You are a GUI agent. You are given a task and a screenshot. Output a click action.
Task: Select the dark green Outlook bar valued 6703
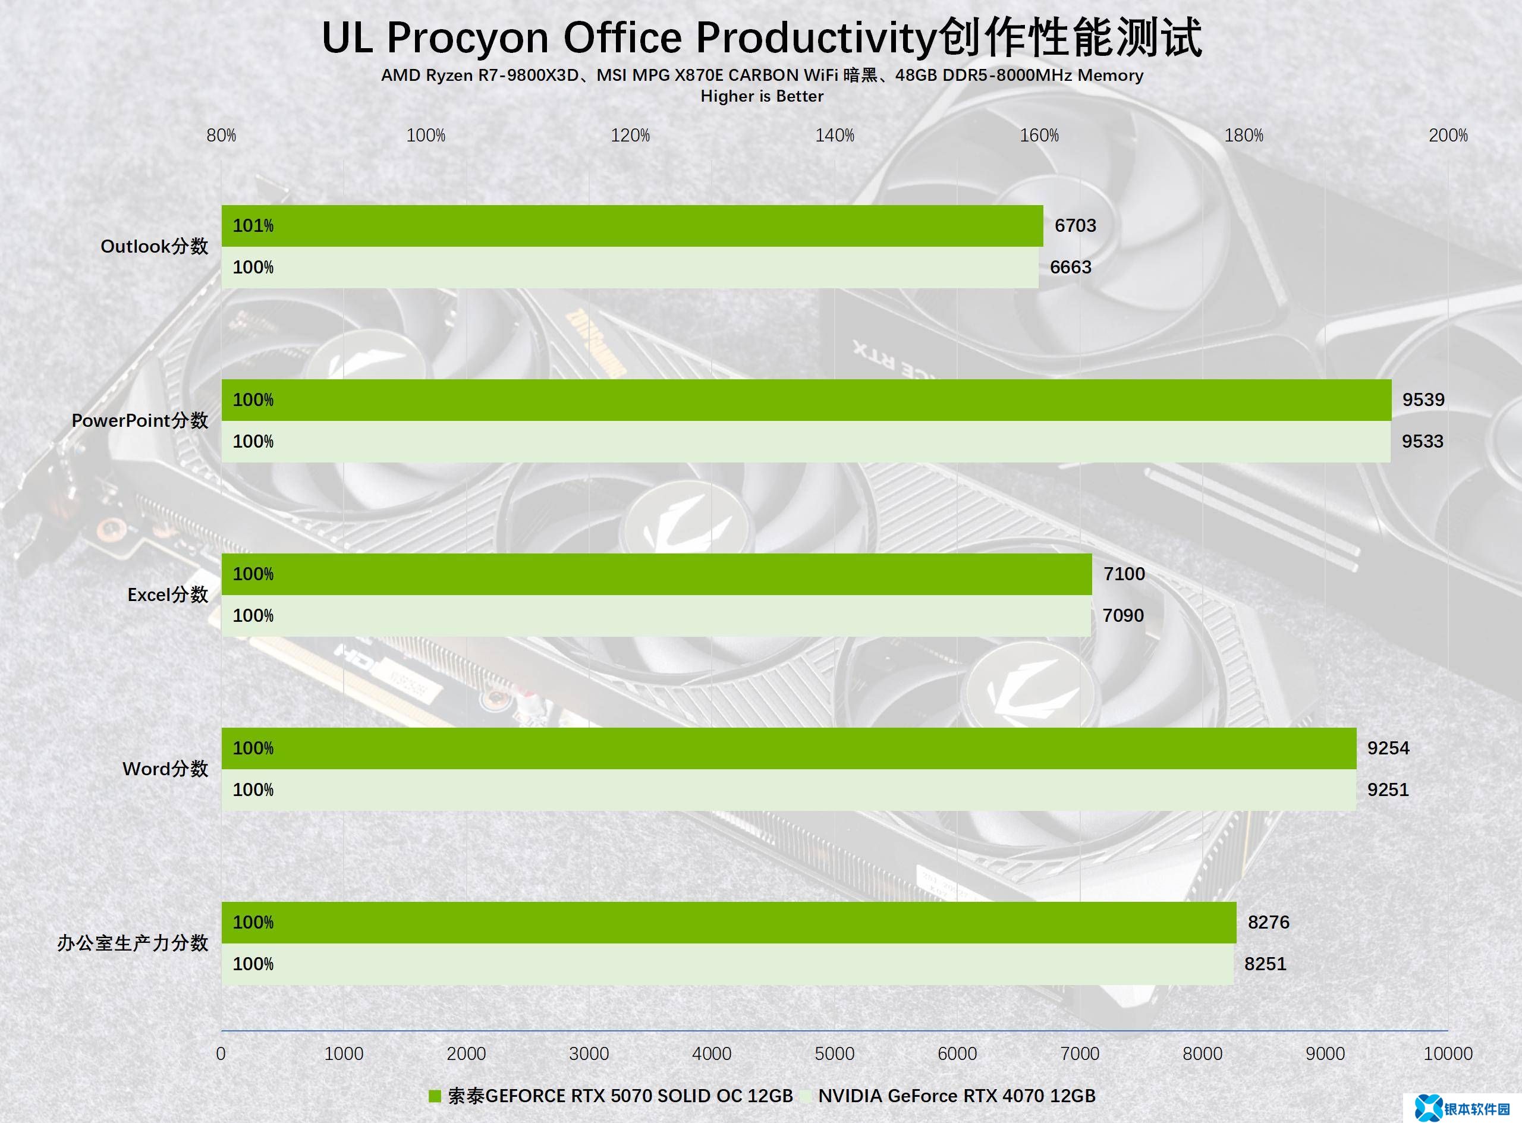[x=632, y=226]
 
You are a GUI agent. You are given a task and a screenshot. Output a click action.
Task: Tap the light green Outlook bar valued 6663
[x=630, y=267]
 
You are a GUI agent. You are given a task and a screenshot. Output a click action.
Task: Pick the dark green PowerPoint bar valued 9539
[x=806, y=400]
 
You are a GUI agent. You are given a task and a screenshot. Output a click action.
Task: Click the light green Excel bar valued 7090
[x=656, y=616]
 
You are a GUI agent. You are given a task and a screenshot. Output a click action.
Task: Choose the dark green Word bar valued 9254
[x=788, y=748]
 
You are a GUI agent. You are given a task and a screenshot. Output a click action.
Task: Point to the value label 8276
[x=1269, y=923]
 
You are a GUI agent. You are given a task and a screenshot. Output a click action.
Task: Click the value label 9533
[x=1422, y=442]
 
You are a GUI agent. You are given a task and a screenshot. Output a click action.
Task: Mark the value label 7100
[x=1124, y=574]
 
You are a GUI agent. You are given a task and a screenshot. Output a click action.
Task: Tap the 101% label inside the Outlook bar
[x=253, y=226]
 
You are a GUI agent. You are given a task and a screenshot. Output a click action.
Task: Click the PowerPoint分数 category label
[x=140, y=421]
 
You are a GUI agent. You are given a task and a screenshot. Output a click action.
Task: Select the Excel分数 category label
[x=167, y=595]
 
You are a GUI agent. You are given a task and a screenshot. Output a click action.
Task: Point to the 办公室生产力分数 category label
[x=133, y=943]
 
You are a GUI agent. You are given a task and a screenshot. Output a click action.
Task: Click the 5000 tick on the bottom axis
[x=835, y=1053]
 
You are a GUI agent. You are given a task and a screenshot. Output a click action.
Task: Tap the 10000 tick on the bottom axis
[x=1448, y=1053]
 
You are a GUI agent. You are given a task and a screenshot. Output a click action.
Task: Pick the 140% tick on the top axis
[x=835, y=136]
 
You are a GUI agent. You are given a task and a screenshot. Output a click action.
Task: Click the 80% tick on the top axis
[x=222, y=136]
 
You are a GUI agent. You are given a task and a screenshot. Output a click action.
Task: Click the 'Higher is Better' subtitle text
[x=762, y=96]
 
